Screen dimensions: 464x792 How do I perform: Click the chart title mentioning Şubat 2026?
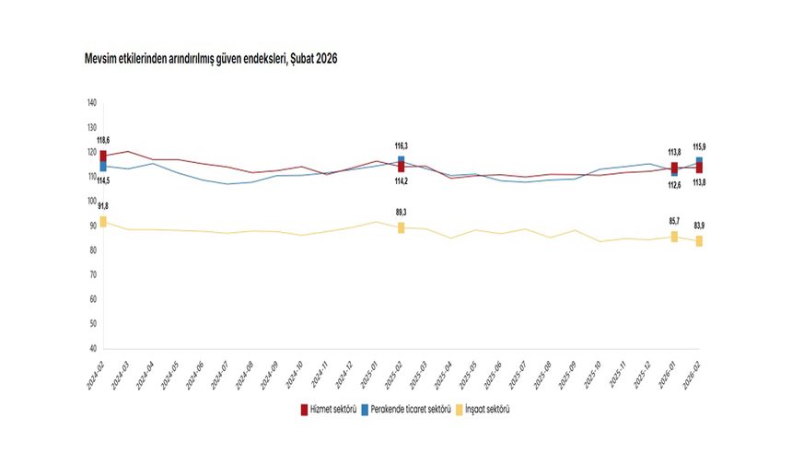[203, 58]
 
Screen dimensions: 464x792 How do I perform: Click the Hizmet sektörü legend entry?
[330, 409]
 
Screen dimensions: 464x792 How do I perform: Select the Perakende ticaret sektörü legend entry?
[410, 409]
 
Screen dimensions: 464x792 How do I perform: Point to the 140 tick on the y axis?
[91, 102]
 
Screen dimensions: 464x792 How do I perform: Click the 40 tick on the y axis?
[93, 349]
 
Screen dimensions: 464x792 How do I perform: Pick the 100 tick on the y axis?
[91, 201]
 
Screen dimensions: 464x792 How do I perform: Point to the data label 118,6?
[102, 139]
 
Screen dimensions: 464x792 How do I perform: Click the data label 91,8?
[102, 206]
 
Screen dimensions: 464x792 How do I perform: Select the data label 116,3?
[402, 145]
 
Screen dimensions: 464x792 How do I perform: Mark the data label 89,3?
[402, 212]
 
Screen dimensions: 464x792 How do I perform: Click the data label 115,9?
[700, 146]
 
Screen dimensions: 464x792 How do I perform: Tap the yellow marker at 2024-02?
[103, 222]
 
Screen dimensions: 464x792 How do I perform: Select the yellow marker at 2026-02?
[700, 241]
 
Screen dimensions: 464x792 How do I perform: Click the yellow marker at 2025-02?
[402, 227]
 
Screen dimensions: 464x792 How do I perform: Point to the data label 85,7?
[675, 222]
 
